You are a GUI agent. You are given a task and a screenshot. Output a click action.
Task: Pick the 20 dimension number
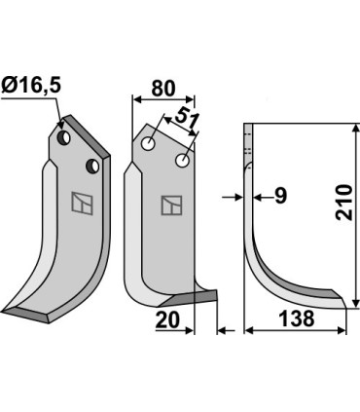click(x=168, y=318)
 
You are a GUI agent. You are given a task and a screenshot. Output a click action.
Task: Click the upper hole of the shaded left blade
click(x=63, y=139)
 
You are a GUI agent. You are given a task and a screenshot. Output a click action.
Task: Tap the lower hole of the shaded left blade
click(x=93, y=167)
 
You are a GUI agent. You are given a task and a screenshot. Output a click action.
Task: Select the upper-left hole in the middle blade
click(x=148, y=144)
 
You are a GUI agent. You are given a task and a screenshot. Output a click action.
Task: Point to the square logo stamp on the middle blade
click(x=171, y=205)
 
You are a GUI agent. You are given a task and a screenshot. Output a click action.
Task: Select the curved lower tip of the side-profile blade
click(x=336, y=298)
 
